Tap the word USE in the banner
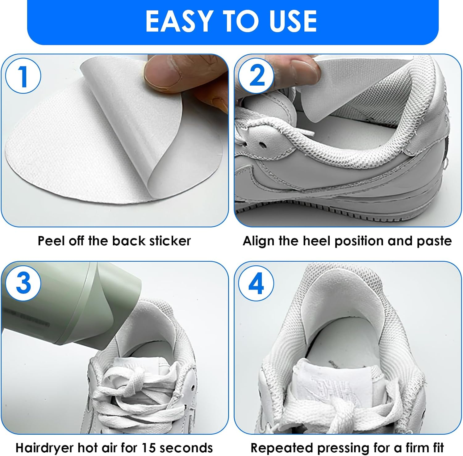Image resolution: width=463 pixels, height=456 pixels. coord(293,21)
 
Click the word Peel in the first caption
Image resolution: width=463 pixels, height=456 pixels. coord(51,241)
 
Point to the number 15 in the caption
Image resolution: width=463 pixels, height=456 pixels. coord(148,447)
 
